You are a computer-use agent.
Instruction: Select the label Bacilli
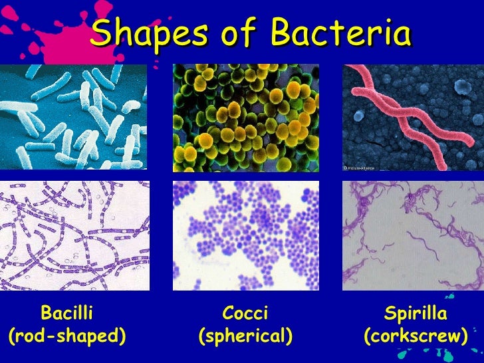pos(66,313)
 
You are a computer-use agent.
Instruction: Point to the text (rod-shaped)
pos(67,336)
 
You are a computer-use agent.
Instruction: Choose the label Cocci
pos(245,313)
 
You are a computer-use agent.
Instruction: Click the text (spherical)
pos(245,336)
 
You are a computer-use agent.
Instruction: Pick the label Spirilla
pos(416,313)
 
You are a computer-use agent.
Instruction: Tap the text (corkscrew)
pos(416,336)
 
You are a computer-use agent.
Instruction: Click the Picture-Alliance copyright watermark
pos(360,168)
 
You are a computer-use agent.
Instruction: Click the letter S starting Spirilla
pos(390,313)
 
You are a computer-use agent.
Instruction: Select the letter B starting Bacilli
pos(46,313)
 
